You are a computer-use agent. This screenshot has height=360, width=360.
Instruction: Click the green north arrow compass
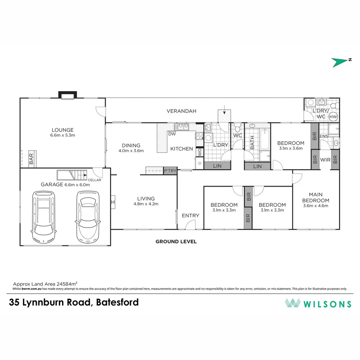coord(339,62)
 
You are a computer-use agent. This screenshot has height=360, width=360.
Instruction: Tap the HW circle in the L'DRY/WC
coord(333,117)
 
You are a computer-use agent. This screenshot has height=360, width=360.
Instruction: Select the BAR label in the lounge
coord(31,159)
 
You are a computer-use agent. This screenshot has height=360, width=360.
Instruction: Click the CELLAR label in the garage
coord(94,180)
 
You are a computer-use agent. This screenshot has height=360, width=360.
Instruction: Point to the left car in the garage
coord(43,217)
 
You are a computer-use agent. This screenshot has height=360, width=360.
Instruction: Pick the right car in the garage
coord(88,217)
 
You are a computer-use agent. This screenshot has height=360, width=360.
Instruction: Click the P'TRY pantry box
coord(170,171)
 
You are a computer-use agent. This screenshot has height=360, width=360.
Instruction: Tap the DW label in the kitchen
coord(172,134)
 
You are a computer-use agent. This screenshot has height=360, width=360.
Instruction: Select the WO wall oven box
coord(200,152)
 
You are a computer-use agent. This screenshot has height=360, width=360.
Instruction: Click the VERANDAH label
coord(181,111)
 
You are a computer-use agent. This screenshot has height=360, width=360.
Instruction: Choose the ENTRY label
coord(190,216)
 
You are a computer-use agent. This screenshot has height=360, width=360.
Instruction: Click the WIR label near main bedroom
coord(325,160)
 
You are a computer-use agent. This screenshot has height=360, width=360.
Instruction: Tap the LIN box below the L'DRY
coord(217,166)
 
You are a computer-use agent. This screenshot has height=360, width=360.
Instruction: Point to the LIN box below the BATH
coord(257,166)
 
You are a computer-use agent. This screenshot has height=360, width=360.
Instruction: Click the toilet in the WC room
coord(238,128)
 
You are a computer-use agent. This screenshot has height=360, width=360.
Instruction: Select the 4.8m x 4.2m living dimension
coord(146,204)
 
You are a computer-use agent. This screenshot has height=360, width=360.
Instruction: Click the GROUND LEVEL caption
coord(176,242)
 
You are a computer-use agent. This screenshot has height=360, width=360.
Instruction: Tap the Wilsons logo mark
coord(293,303)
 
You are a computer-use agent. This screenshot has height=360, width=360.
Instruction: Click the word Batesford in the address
coord(117,302)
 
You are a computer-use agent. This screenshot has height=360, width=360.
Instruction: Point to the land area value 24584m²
coord(67,284)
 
